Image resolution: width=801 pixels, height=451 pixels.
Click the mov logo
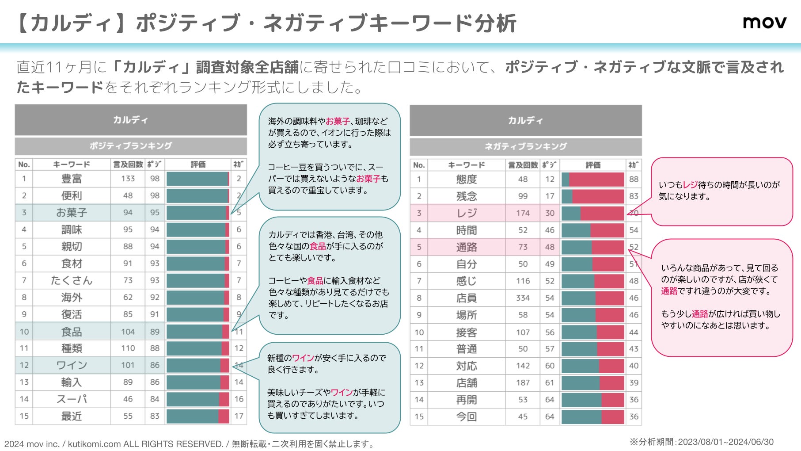764,22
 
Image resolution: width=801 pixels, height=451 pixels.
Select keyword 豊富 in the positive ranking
72,179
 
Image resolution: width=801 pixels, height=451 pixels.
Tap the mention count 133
128,179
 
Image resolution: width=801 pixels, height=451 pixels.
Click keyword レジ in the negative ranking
467,213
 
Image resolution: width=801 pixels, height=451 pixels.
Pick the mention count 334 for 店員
523,298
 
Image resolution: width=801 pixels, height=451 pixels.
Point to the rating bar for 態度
593,180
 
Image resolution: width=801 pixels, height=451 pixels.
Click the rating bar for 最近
197,416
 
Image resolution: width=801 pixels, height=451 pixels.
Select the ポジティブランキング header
131,146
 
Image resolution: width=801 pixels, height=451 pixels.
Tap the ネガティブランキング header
525,146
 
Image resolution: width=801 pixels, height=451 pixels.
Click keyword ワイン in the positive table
72,365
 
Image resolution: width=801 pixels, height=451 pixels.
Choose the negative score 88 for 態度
634,180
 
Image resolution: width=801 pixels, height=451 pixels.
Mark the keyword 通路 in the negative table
467,247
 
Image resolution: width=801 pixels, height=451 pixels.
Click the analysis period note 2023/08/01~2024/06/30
702,442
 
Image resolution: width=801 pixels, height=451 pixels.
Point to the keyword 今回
467,417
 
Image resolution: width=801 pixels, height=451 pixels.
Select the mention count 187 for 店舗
523,383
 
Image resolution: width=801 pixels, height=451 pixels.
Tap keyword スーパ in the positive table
72,399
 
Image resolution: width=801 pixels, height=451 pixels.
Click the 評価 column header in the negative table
593,165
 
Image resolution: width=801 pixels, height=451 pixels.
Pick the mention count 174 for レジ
523,213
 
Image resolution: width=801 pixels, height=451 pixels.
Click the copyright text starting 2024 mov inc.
189,443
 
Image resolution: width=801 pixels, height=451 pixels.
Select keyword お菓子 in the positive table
72,213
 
